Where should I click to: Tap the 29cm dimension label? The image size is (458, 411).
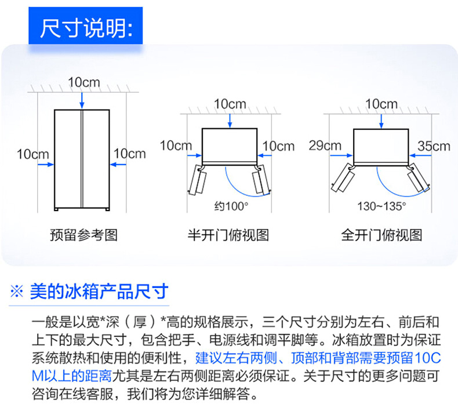coord(325,146)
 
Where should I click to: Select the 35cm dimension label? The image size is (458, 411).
coord(434,146)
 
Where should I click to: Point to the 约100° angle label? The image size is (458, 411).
coord(231,206)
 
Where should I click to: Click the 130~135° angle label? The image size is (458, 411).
coord(382,206)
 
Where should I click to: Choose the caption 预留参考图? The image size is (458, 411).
coord(84,235)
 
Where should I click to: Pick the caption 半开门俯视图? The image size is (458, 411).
coord(228,235)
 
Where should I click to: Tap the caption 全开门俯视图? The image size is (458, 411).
coord(381,235)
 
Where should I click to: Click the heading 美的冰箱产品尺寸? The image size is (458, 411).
coord(99,291)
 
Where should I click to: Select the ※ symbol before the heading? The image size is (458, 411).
coord(17,292)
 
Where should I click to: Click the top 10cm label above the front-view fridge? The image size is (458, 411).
coord(84,82)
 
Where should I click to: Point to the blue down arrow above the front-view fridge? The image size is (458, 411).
coord(82,100)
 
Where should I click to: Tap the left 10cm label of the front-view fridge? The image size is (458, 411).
coord(32,154)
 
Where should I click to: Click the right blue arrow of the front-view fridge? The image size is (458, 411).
coord(118,165)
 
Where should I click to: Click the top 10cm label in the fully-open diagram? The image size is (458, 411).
coord(381,104)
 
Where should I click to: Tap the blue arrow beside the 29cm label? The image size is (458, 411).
coord(341,155)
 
